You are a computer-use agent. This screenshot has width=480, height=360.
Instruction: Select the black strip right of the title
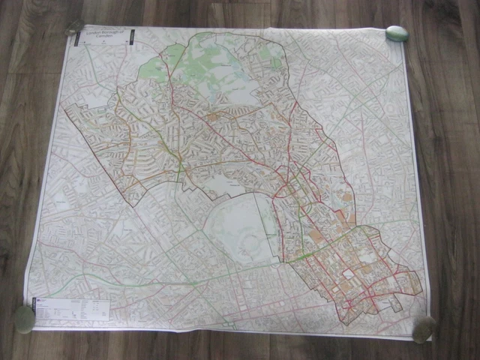(130, 36)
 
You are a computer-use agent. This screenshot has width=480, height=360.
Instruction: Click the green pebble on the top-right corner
(396, 34)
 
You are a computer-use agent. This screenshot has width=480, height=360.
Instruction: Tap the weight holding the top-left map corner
(75, 27)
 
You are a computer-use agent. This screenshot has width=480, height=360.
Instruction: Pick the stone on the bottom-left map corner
(25, 319)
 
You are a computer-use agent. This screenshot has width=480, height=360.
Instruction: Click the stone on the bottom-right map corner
(424, 328)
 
